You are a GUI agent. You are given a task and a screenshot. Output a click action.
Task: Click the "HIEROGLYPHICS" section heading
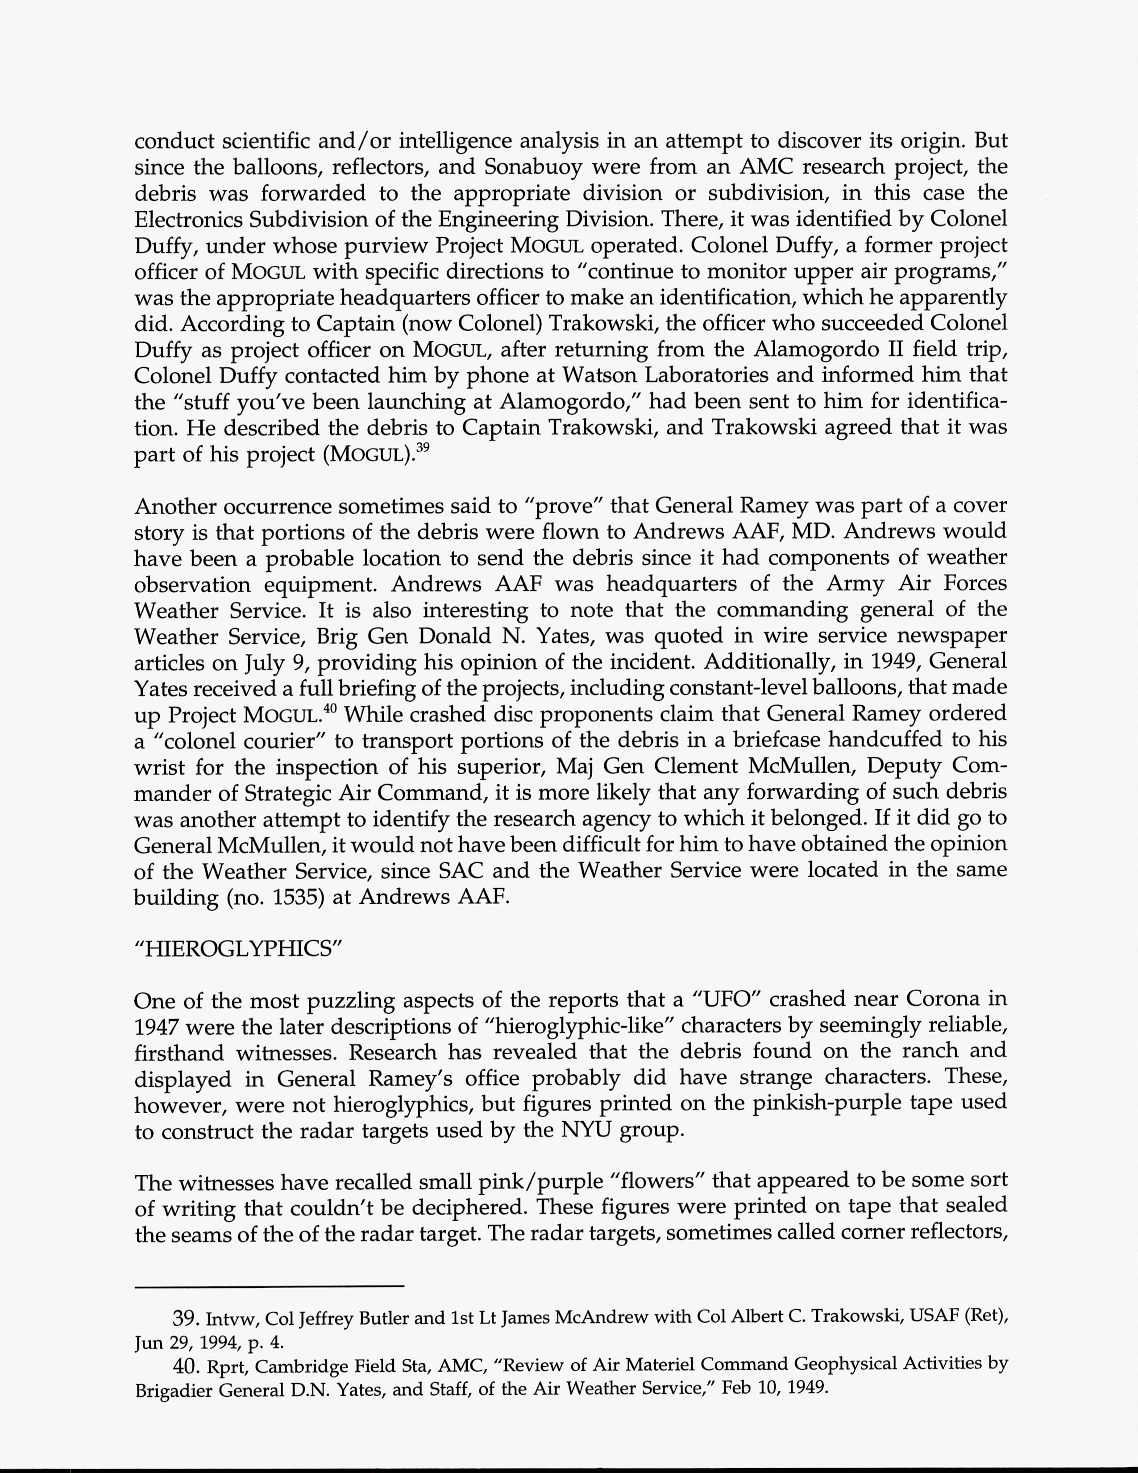click(239, 948)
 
